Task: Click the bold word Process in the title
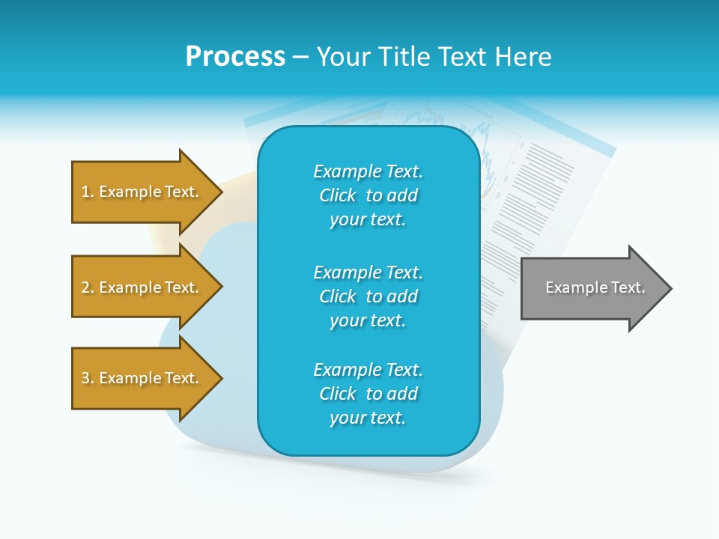tap(235, 57)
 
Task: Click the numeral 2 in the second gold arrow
tap(85, 287)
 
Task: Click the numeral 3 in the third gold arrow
tap(85, 378)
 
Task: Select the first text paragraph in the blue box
tap(368, 195)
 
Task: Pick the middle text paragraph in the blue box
tap(368, 296)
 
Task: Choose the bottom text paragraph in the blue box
tap(368, 394)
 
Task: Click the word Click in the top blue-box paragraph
tap(338, 195)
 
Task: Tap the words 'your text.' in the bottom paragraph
tap(368, 418)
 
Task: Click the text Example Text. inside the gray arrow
tap(595, 287)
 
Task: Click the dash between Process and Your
tap(300, 57)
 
